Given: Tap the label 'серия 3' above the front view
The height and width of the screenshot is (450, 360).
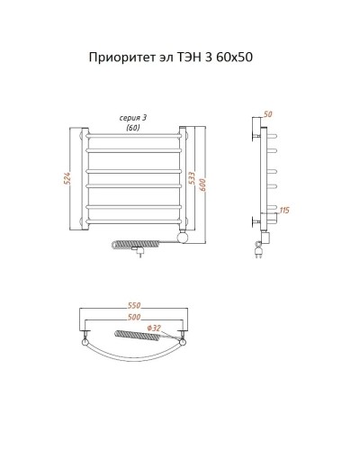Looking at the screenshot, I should pyautogui.click(x=133, y=118).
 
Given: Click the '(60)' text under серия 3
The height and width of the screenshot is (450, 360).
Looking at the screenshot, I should pyautogui.click(x=133, y=129).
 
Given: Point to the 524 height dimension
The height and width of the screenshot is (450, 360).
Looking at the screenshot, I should pyautogui.click(x=66, y=177).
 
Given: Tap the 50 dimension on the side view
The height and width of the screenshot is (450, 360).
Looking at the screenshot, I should pyautogui.click(x=267, y=114).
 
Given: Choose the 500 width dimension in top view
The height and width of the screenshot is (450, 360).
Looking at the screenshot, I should pyautogui.click(x=133, y=319).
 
